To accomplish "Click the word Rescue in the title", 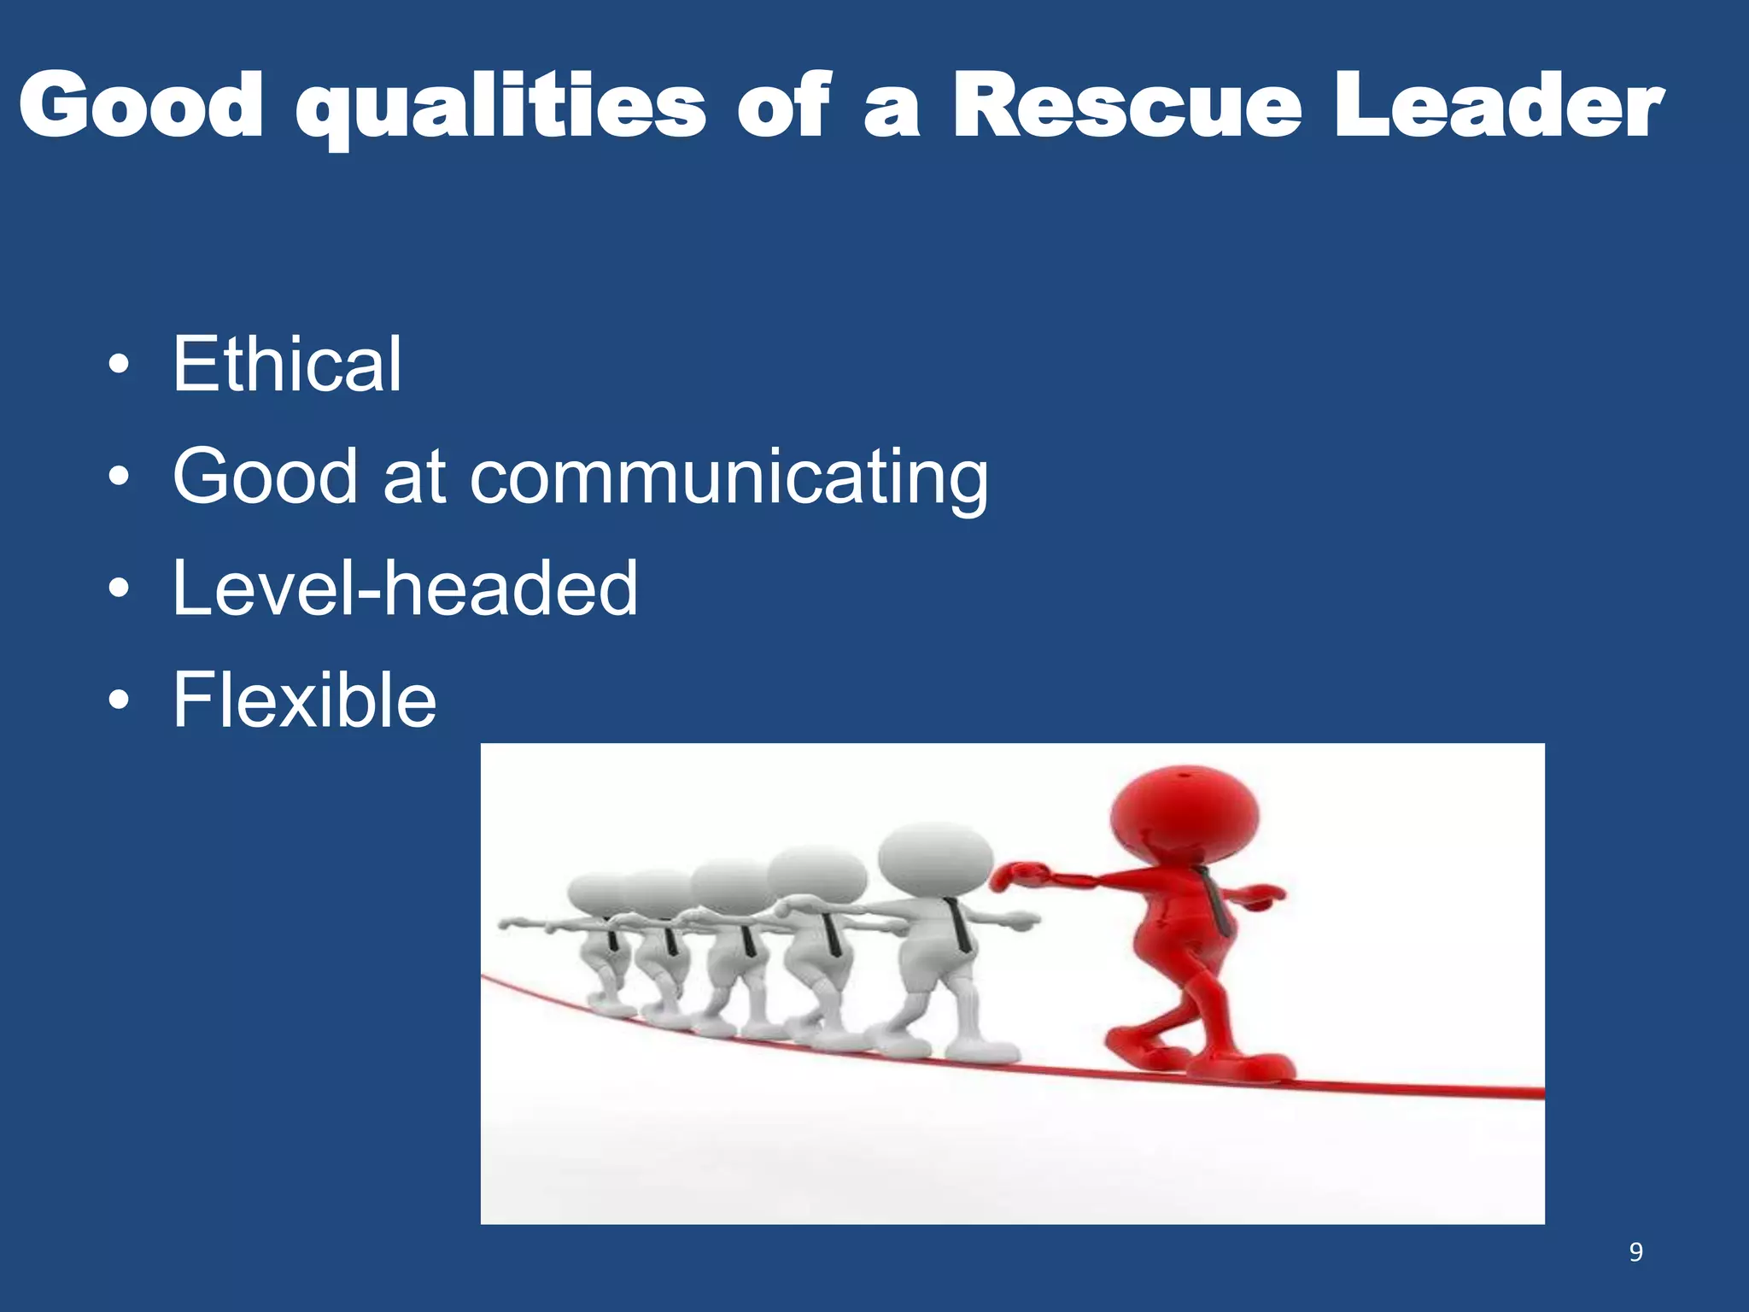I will (1127, 106).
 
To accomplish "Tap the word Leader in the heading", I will (1499, 106).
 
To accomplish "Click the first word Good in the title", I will (141, 106).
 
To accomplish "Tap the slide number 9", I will (1635, 1252).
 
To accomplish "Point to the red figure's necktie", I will (1216, 902).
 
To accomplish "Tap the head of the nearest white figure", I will (935, 858).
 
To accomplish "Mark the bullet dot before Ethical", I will (120, 366).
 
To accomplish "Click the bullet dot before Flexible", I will (120, 701).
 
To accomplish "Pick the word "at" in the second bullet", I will (414, 477).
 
